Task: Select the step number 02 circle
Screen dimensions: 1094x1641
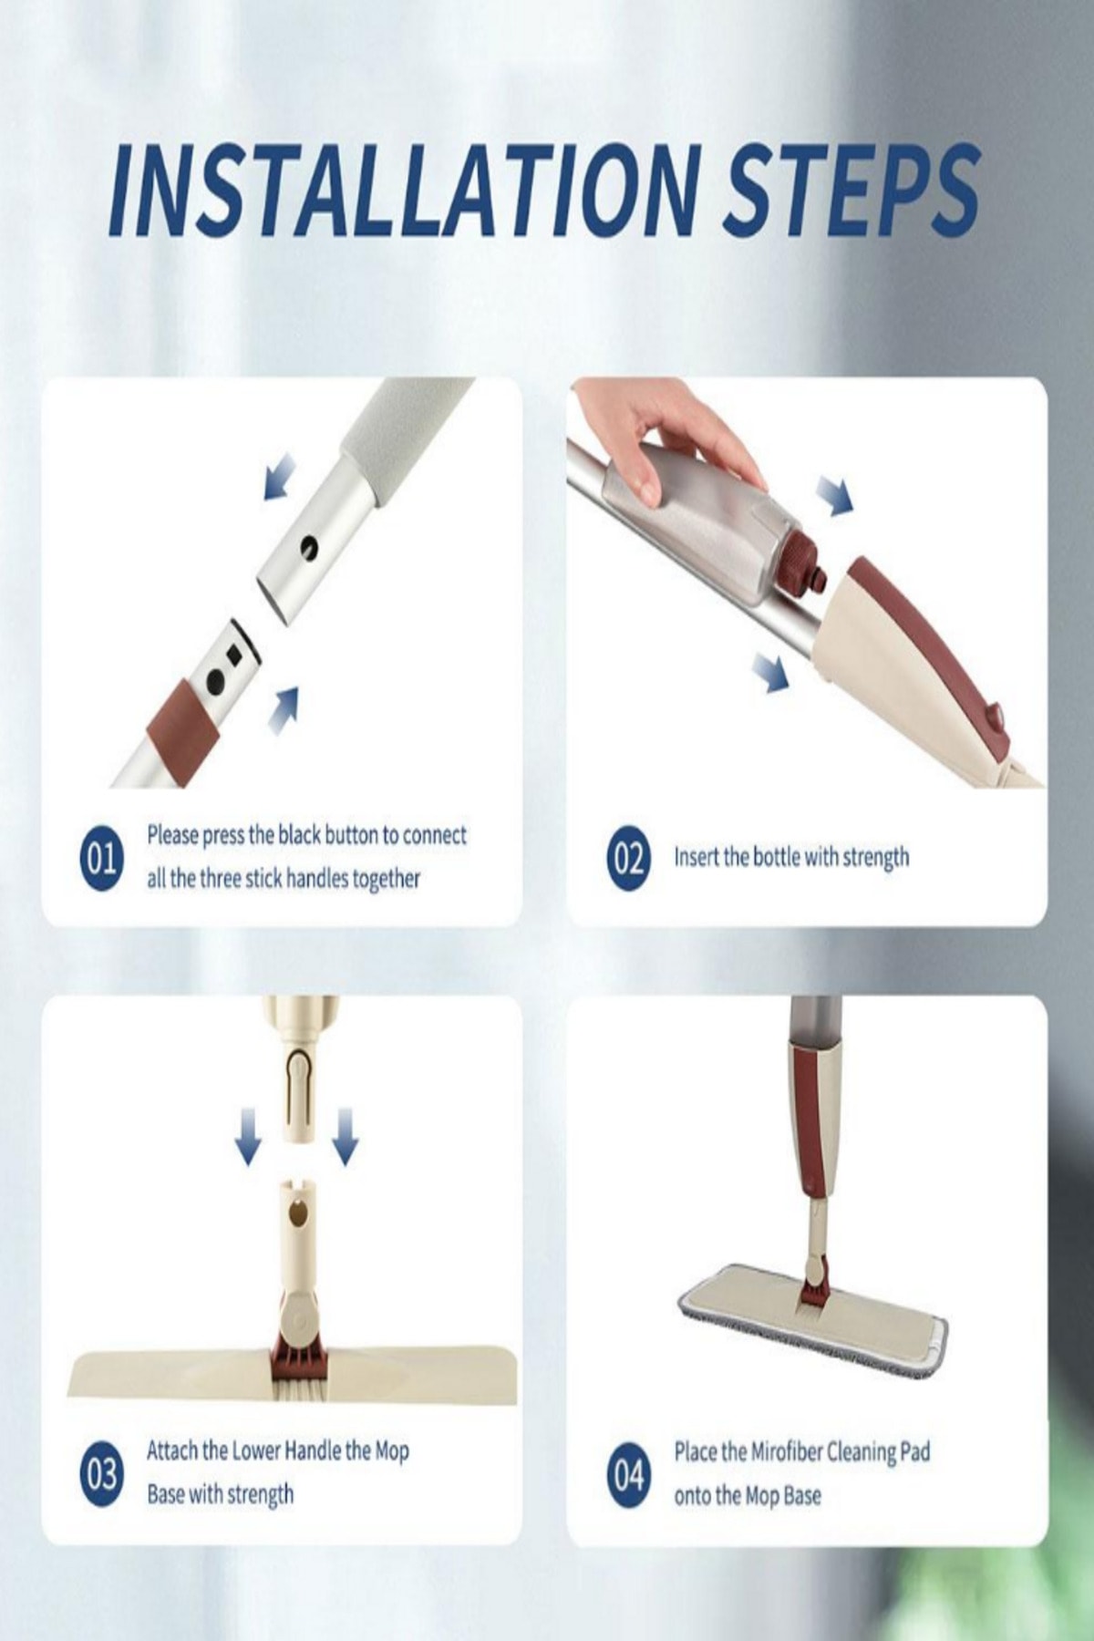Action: [628, 858]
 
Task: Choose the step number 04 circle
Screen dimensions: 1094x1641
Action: [628, 1473]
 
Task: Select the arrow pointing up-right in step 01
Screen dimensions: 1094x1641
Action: [285, 708]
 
